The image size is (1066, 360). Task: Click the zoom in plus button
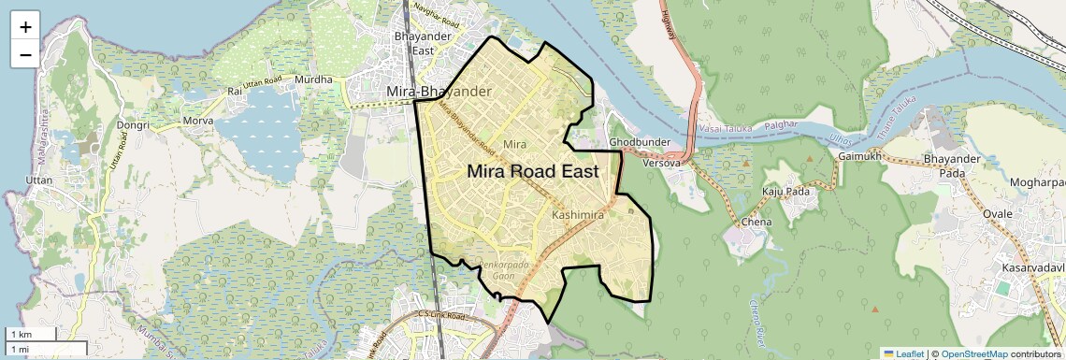(x=25, y=27)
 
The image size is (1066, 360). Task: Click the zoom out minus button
(x=25, y=54)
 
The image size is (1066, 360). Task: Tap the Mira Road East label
(x=532, y=171)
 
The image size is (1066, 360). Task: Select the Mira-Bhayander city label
(x=439, y=91)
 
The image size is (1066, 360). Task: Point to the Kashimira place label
(x=579, y=215)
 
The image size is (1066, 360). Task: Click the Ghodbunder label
(x=641, y=141)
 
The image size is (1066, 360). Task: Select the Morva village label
(x=197, y=121)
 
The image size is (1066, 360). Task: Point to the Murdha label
(x=313, y=79)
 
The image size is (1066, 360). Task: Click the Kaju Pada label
(x=785, y=192)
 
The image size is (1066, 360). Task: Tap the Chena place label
(x=756, y=223)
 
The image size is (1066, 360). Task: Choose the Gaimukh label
(x=860, y=156)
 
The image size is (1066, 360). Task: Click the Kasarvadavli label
(x=1034, y=268)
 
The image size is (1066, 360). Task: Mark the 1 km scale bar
(x=33, y=334)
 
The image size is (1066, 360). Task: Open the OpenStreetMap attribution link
(x=973, y=353)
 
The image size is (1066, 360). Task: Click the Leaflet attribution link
(x=903, y=353)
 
